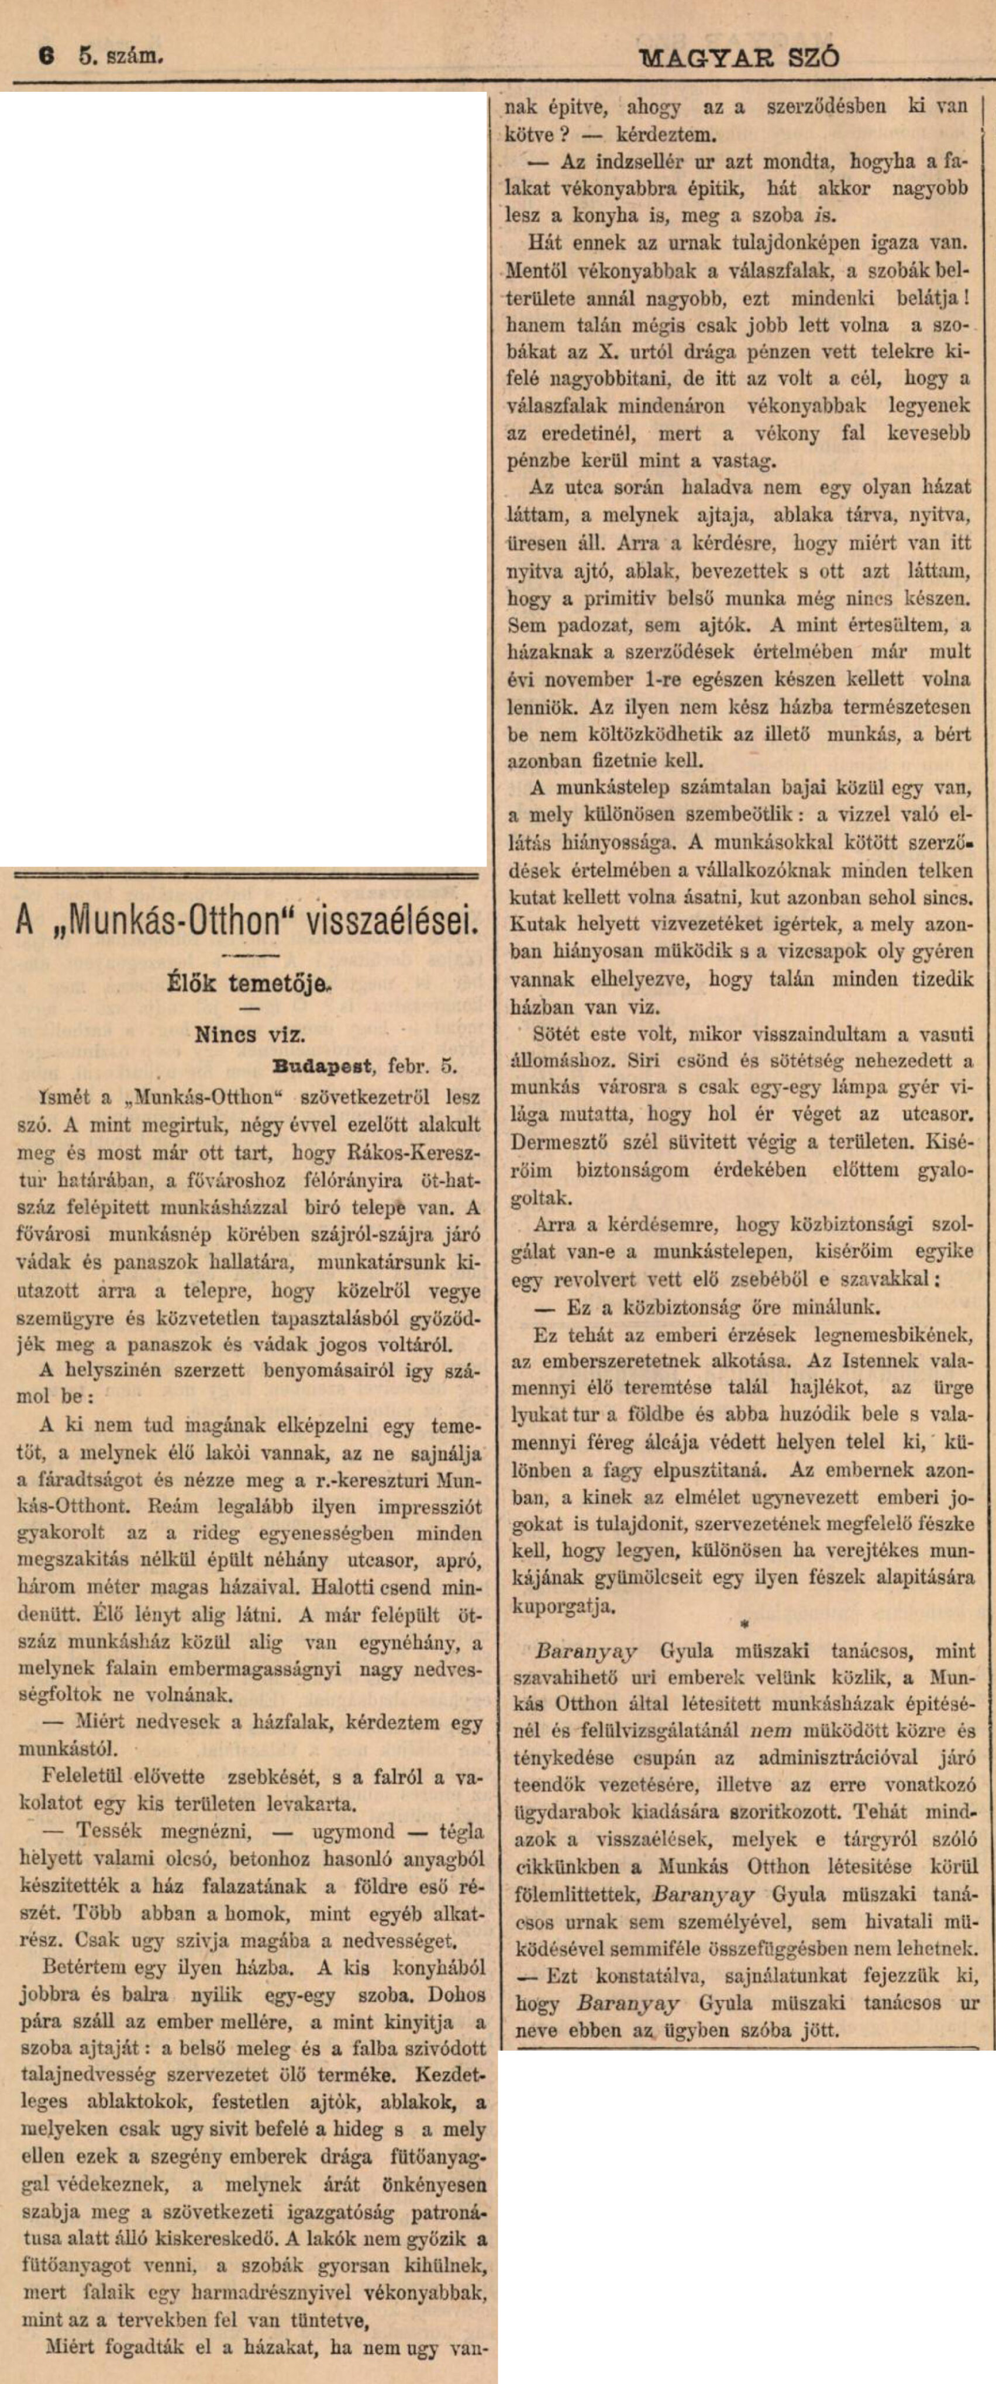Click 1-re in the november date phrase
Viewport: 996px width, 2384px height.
coord(642,679)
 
